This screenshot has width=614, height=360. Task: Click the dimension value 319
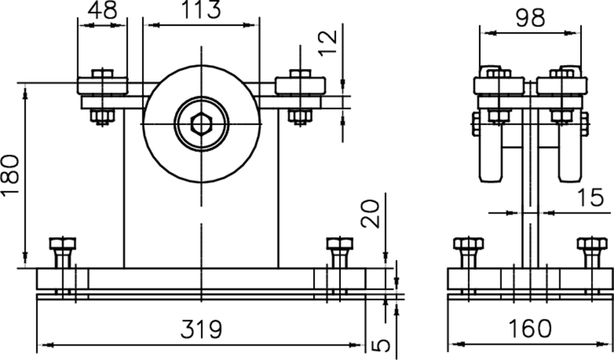(200, 329)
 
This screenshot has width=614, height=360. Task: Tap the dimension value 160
(530, 329)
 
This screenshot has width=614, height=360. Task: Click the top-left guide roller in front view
(101, 84)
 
